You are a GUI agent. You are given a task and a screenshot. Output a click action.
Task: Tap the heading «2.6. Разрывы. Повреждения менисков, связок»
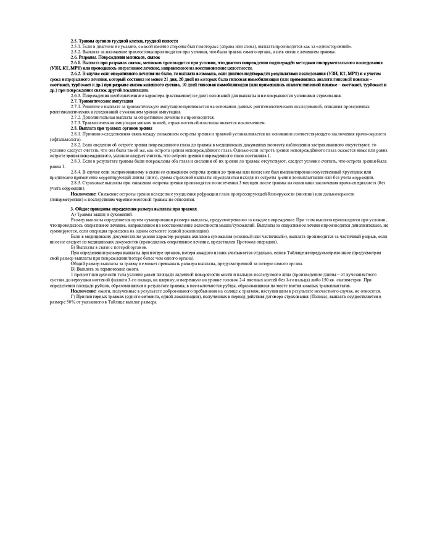click(x=111, y=57)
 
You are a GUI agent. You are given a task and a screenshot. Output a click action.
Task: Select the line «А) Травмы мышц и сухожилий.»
click(x=101, y=214)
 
